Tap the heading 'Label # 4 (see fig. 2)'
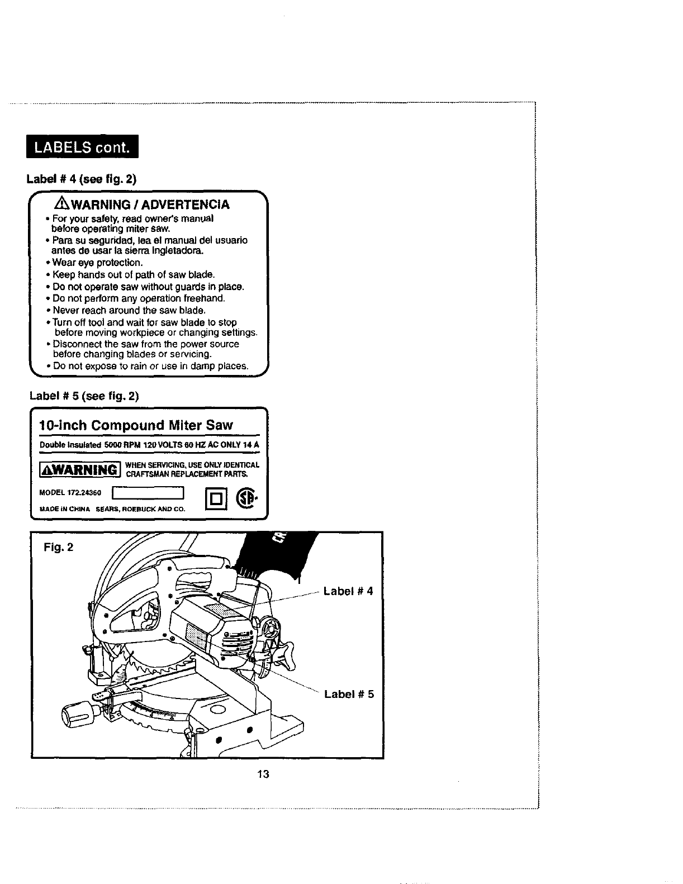(x=82, y=179)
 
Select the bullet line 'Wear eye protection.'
(x=98, y=263)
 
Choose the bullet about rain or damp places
(x=150, y=366)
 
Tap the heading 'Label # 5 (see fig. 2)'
(x=84, y=396)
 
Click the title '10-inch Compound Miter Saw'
(x=136, y=425)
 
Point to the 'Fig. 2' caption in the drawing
(x=58, y=546)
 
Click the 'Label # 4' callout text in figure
(x=348, y=591)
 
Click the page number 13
(x=264, y=774)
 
